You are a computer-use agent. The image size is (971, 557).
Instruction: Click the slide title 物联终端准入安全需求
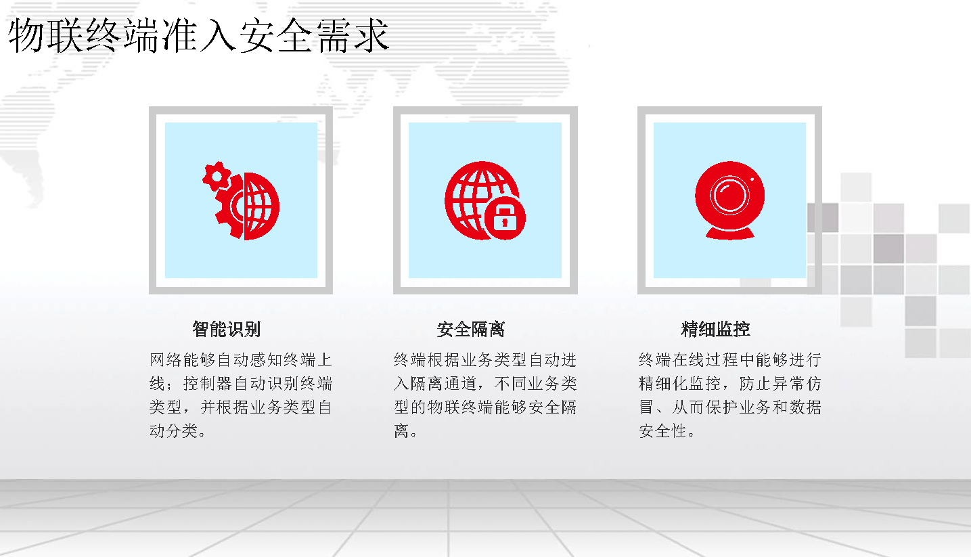[198, 36]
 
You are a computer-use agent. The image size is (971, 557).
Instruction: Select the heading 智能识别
[226, 330]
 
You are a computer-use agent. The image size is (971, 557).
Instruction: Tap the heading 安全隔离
[471, 330]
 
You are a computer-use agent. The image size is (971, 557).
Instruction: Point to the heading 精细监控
[715, 330]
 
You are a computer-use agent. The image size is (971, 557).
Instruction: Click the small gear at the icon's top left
[215, 176]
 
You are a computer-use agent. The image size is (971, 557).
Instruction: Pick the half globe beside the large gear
[261, 206]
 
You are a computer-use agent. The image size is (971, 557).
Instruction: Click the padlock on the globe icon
[505, 218]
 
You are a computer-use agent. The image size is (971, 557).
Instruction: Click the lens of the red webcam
[729, 196]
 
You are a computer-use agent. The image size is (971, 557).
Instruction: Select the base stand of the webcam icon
[730, 234]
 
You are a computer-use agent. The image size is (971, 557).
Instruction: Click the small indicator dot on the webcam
[752, 179]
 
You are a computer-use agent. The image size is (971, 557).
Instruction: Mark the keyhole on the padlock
[505, 223]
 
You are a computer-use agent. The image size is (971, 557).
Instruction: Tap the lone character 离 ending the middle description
[401, 431]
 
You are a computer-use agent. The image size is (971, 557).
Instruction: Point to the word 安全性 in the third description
[663, 431]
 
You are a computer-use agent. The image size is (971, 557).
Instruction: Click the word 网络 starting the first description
[166, 360]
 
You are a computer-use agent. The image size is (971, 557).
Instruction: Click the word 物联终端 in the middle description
[461, 407]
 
